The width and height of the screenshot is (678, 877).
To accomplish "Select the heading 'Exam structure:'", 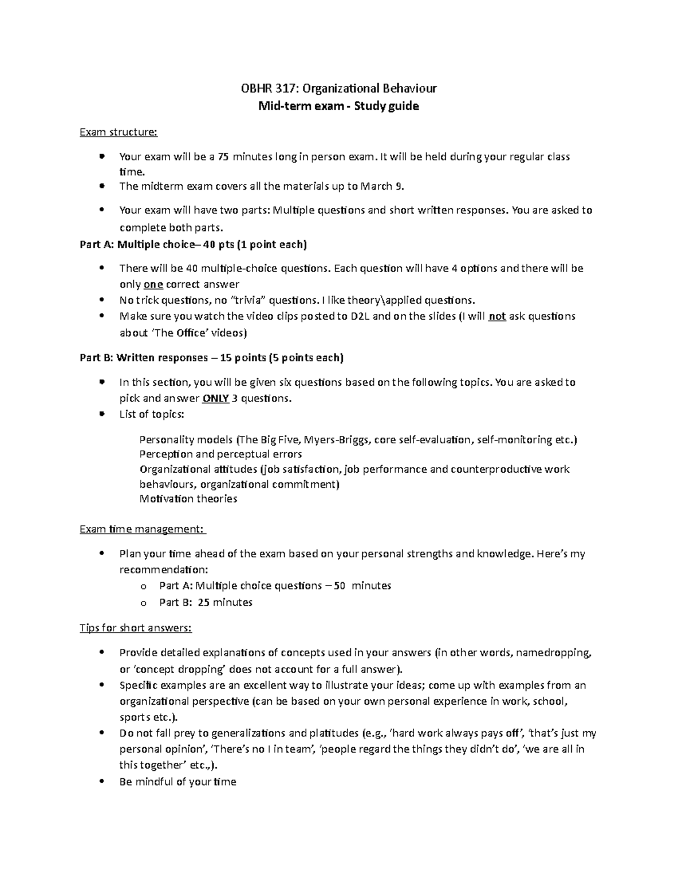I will [x=119, y=132].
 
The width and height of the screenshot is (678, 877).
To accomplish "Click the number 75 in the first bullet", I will [x=223, y=157].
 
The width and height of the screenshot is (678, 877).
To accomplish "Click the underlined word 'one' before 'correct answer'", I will [x=153, y=285].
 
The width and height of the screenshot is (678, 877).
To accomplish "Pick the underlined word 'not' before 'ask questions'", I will [x=497, y=316].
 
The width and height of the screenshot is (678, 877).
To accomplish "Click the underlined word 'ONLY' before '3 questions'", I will [x=215, y=399].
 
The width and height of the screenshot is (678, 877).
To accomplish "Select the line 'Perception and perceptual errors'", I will [x=220, y=455].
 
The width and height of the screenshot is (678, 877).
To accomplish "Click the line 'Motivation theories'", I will [x=188, y=499].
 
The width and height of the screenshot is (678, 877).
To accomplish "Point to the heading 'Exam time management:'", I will [x=142, y=529].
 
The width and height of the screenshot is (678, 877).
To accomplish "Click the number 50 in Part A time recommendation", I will [x=339, y=586].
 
